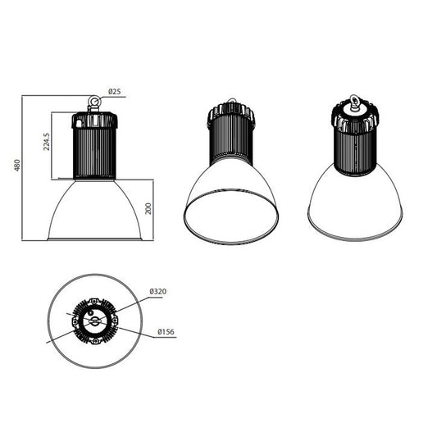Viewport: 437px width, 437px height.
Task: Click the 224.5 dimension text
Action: tap(47, 142)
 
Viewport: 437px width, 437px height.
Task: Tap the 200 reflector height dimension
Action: tap(148, 208)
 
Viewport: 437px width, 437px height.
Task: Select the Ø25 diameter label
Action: tap(114, 93)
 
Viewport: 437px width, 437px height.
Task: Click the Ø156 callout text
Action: tap(164, 332)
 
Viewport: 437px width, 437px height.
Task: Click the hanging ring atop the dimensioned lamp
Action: tap(94, 102)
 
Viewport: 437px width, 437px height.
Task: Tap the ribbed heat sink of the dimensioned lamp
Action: tap(95, 153)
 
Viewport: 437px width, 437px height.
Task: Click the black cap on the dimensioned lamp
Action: tap(94, 120)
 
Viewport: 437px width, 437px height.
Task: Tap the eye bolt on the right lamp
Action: tap(355, 102)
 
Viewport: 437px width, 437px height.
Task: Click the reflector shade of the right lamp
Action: tap(355, 205)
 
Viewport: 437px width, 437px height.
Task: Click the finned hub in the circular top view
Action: tap(95, 321)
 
